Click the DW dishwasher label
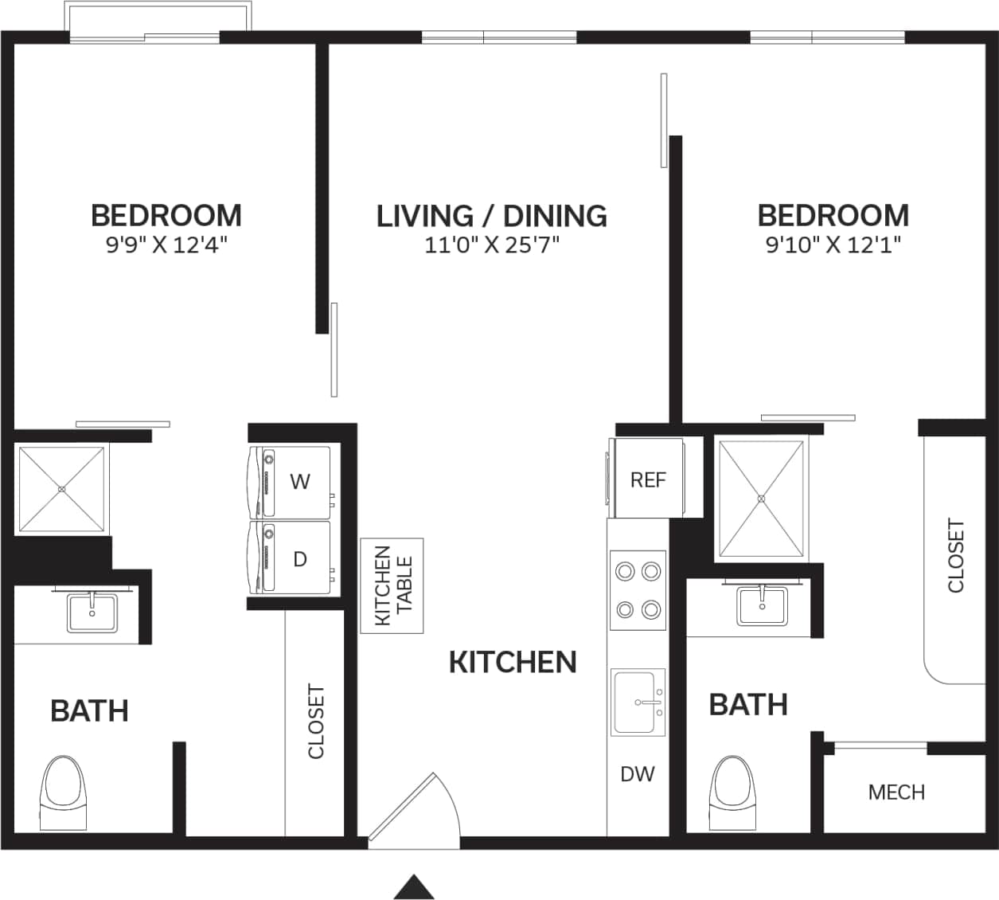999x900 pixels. click(x=637, y=773)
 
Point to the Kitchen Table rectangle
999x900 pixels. click(x=392, y=585)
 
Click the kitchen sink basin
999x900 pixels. click(x=637, y=702)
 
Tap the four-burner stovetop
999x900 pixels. click(x=638, y=590)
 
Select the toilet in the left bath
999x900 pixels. click(x=63, y=792)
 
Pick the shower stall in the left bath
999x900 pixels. click(x=61, y=489)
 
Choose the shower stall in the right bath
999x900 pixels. click(x=761, y=499)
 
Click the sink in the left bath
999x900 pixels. click(x=92, y=612)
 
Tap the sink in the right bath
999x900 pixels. click(x=762, y=605)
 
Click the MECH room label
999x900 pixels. click(x=896, y=792)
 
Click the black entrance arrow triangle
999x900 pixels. click(x=414, y=886)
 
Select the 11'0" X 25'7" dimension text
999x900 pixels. click(x=491, y=245)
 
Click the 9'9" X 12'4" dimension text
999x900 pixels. click(x=166, y=244)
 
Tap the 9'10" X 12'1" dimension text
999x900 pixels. click(x=833, y=244)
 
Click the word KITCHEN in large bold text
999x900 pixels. click(x=513, y=662)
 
